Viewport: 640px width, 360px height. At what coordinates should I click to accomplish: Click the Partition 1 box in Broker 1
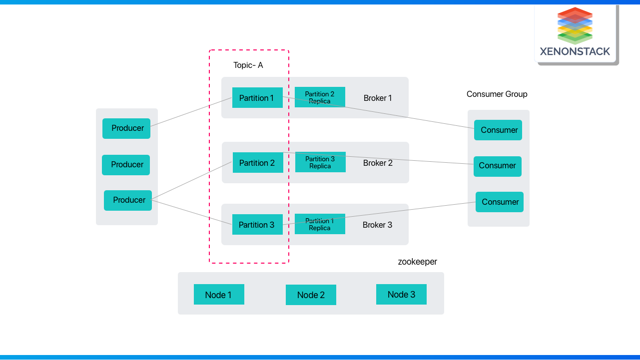[257, 98]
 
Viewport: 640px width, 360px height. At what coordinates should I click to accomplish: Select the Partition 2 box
[258, 163]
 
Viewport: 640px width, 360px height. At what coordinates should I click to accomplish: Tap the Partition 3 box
[257, 225]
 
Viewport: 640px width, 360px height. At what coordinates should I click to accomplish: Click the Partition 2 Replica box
[320, 97]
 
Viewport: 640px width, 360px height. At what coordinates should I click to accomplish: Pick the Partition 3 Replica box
[320, 162]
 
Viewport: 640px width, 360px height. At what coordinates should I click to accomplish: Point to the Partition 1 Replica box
[320, 224]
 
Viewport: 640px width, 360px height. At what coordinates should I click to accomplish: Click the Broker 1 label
[378, 98]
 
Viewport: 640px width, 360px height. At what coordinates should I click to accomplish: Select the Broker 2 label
[378, 163]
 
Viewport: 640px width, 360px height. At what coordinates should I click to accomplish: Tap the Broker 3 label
[377, 225]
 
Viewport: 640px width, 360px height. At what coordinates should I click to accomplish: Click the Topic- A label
[248, 65]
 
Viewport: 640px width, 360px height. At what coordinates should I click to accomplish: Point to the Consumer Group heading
[497, 94]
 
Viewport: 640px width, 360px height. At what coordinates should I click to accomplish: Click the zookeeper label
[417, 262]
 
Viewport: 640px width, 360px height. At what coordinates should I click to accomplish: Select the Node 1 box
[219, 295]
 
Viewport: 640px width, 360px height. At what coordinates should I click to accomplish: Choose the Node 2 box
[311, 295]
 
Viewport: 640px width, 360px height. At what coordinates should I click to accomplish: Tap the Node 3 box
[401, 295]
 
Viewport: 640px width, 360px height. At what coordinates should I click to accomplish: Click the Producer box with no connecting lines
[126, 165]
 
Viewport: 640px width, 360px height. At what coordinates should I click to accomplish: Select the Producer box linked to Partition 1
[126, 128]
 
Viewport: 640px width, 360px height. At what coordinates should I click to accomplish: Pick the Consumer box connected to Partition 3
[500, 202]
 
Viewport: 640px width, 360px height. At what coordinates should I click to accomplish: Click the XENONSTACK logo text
[575, 51]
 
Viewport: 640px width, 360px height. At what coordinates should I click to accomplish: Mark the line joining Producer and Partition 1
[191, 112]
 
